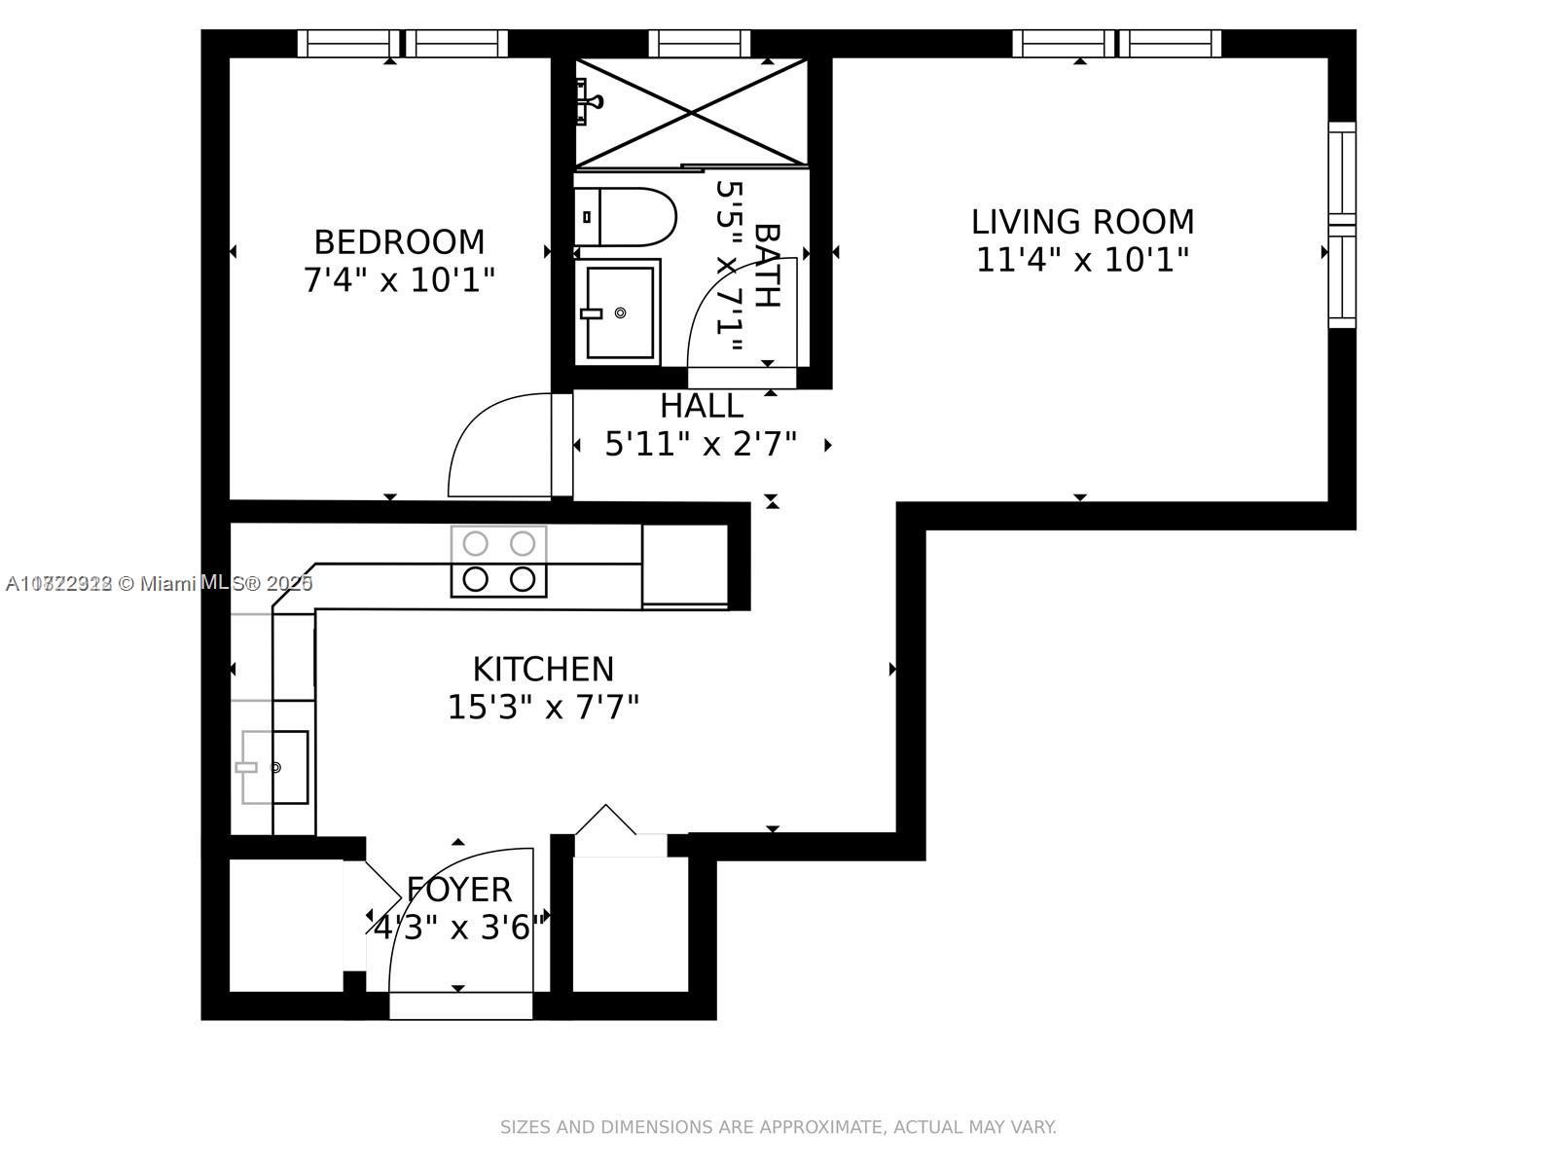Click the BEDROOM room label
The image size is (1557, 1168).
coord(399,241)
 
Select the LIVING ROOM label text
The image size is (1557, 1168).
coord(1082,222)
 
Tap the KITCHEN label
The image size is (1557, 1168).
coord(543,670)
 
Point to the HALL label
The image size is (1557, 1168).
coord(701,406)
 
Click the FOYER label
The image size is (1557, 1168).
coord(458,890)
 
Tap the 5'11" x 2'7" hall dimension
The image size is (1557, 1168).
coord(701,445)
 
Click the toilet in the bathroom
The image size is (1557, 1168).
coord(625,216)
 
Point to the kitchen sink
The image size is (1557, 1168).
coord(274,767)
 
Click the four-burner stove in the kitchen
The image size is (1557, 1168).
coord(498,562)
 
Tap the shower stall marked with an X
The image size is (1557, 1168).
coord(691,112)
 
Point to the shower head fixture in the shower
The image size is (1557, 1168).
coord(588,101)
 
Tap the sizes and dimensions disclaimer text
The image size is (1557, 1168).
coord(778,1127)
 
